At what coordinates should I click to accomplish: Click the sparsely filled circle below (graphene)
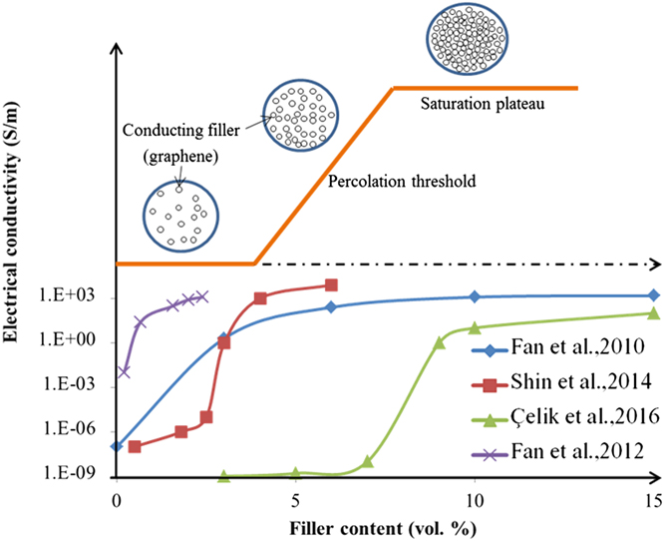(181, 212)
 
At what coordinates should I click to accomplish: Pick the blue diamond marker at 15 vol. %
(653, 295)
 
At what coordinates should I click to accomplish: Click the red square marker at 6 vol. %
(331, 284)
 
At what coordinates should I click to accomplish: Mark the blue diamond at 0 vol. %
(117, 446)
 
